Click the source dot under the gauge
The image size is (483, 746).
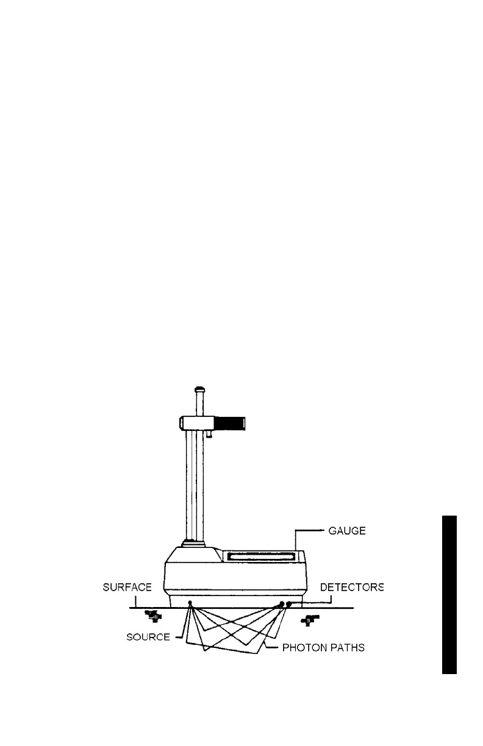tap(190, 603)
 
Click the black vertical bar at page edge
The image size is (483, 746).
tap(449, 594)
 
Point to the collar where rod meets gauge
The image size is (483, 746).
tap(195, 543)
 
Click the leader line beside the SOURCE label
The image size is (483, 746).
tap(179, 637)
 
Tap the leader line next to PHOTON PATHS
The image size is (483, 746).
tap(273, 647)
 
